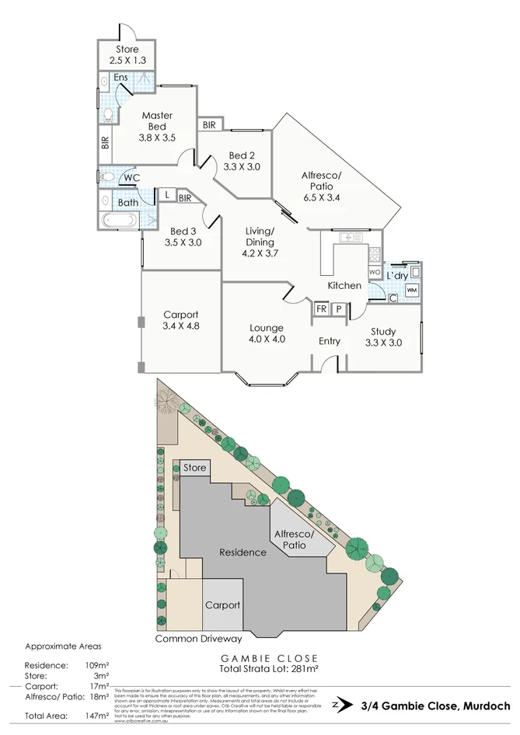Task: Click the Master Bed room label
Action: [157, 127]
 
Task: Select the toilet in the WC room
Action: [108, 177]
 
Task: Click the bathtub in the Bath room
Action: [119, 220]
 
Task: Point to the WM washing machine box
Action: [411, 290]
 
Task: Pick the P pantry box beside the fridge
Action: [338, 308]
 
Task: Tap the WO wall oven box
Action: [374, 273]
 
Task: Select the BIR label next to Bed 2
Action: [209, 125]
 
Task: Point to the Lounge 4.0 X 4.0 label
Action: [267, 333]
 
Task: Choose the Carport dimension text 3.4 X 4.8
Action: [181, 326]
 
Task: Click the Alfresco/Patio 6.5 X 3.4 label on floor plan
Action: [321, 186]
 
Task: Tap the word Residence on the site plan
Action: [243, 552]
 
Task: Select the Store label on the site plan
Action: [195, 468]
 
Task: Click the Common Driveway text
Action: [199, 639]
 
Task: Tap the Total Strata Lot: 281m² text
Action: [271, 667]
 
